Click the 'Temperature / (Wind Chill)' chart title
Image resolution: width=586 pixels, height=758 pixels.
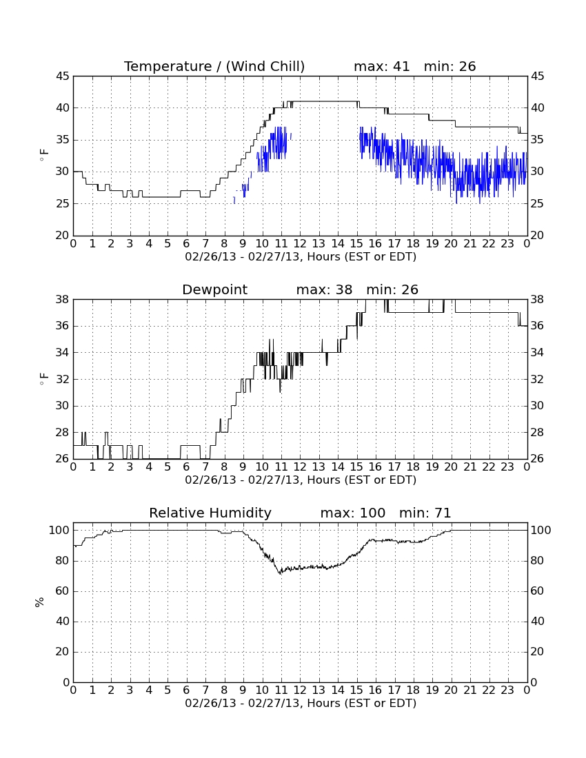click(x=214, y=66)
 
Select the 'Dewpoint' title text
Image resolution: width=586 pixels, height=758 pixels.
click(x=214, y=289)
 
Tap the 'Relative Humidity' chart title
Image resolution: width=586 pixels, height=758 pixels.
click(x=210, y=513)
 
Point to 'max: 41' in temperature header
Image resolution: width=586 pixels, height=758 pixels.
click(x=381, y=66)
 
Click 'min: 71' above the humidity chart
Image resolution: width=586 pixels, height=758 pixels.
click(x=425, y=513)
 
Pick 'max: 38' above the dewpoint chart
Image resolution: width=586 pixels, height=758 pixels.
click(x=324, y=289)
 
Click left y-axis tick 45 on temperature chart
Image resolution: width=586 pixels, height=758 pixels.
click(x=63, y=76)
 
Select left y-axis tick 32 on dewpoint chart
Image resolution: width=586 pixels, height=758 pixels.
click(x=63, y=379)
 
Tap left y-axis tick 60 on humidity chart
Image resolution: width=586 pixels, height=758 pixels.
click(x=63, y=591)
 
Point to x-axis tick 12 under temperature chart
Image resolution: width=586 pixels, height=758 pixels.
click(x=300, y=244)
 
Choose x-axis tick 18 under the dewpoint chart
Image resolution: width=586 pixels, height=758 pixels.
click(x=413, y=467)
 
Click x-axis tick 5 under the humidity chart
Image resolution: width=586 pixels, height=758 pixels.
click(x=168, y=690)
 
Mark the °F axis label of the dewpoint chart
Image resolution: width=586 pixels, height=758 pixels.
click(x=44, y=379)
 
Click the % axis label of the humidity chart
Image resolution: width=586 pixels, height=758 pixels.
click(x=40, y=602)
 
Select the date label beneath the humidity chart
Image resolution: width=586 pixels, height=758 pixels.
click(x=301, y=703)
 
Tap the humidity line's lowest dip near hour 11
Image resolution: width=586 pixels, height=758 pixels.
click(x=280, y=573)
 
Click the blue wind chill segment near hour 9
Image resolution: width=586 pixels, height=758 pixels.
click(x=245, y=189)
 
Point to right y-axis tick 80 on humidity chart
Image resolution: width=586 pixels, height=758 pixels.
click(x=540, y=561)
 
